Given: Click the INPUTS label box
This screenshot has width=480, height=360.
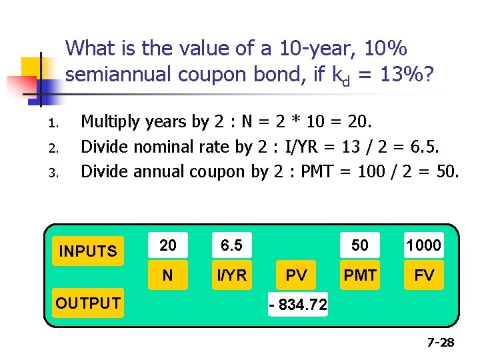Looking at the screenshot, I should click(x=88, y=251).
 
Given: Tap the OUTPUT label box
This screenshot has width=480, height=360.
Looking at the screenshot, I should click(x=88, y=303).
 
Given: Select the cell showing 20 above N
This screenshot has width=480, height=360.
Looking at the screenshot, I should click(x=168, y=245).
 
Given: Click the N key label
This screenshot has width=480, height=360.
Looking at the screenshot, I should click(x=168, y=275).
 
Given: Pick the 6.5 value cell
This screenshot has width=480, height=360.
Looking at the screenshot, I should click(x=231, y=245).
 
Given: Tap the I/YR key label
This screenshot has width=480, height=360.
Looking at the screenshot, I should click(x=231, y=275).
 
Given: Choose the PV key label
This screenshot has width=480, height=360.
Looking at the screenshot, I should click(x=297, y=275).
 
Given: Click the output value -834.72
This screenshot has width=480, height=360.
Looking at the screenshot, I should click(x=297, y=305).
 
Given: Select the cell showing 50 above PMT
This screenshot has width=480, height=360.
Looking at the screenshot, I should click(x=360, y=245).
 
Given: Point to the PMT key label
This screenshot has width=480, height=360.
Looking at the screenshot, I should click(x=360, y=275).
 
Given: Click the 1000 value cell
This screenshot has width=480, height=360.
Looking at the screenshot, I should click(x=424, y=245).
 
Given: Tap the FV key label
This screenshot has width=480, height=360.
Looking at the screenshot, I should click(x=424, y=275).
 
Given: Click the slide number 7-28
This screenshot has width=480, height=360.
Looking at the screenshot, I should click(x=441, y=343).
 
